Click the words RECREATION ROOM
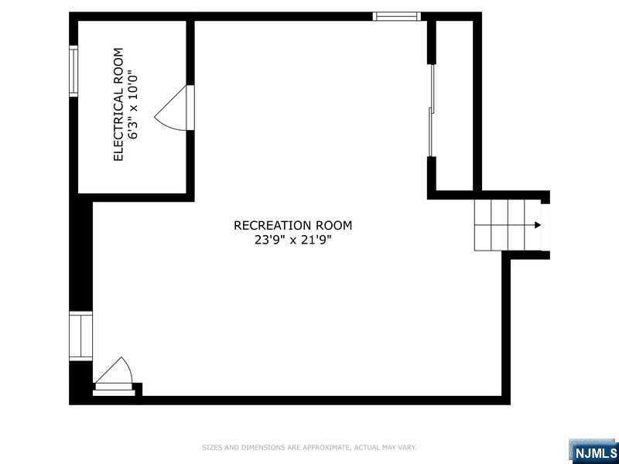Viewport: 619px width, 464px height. [x=292, y=225]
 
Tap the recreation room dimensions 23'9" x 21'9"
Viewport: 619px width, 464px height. [x=292, y=240]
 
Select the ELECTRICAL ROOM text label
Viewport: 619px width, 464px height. [x=118, y=104]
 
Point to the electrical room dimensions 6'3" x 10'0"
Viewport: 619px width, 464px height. [x=134, y=104]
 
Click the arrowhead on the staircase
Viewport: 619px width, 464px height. [x=537, y=225]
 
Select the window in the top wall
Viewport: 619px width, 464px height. [x=397, y=16]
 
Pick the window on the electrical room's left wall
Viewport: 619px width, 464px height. [x=74, y=71]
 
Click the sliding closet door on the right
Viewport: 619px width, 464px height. [x=432, y=111]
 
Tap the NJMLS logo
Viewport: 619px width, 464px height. [x=593, y=452]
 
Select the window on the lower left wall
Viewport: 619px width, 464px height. [x=81, y=336]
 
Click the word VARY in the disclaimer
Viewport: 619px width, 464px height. [x=407, y=448]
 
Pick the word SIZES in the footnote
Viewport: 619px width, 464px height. [x=212, y=448]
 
